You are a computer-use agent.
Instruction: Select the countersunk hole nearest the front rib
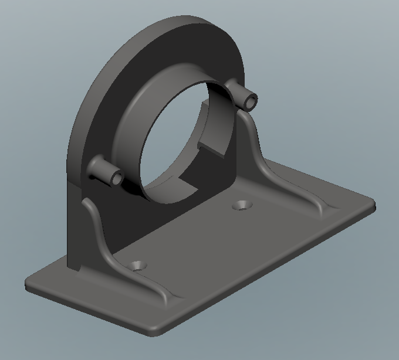click(138, 265)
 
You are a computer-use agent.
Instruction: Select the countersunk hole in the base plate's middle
click(242, 205)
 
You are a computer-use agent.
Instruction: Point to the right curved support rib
click(258, 147)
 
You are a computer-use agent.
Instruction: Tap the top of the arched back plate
click(176, 21)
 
